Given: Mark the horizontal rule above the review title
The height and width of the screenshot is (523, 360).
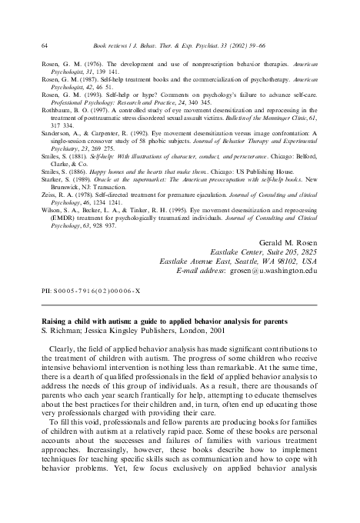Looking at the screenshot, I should click(179, 306).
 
